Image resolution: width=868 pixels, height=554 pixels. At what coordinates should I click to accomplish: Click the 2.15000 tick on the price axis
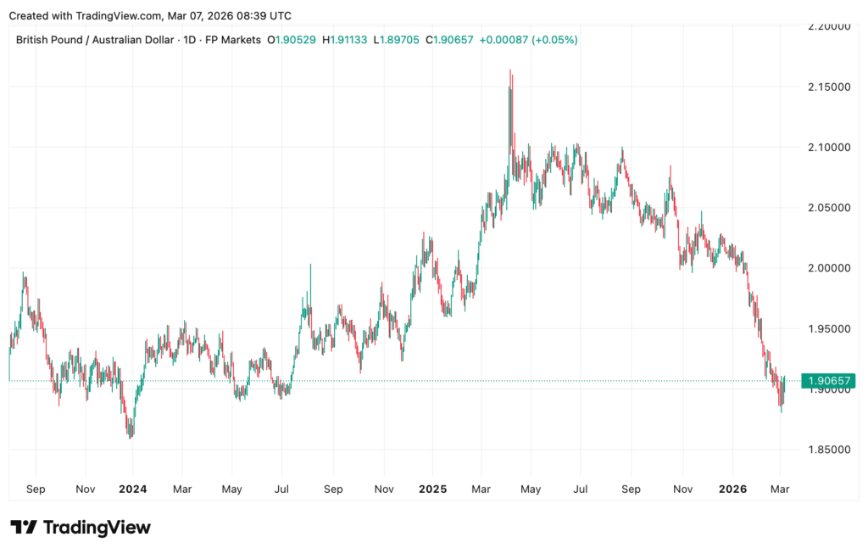coord(826,87)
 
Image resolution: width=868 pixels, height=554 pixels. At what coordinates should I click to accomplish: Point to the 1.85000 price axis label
coord(826,450)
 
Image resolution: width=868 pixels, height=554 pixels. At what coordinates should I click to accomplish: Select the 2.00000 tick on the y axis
coord(826,268)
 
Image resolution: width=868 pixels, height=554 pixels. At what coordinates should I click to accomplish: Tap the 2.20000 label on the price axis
coord(826,27)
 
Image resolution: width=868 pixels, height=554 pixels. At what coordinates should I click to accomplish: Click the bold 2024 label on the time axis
coord(133,489)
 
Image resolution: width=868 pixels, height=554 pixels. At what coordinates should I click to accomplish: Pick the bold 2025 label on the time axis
coord(432,489)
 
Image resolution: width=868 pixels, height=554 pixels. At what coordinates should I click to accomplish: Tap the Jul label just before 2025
coord(282,489)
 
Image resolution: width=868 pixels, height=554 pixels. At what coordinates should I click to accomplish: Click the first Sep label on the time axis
coord(36,489)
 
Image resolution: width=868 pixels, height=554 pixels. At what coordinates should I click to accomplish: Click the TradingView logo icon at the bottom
coord(23,527)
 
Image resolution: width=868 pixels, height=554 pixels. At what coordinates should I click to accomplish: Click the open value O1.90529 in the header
coord(292,40)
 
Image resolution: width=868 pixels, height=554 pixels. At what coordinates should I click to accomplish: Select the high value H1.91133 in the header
coord(344,40)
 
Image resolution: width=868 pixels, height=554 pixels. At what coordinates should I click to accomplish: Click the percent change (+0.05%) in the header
coord(554,40)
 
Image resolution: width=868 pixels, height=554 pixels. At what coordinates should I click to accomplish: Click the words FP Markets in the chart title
coord(231,40)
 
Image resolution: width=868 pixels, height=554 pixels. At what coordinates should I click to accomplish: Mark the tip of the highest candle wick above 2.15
coord(510,70)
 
